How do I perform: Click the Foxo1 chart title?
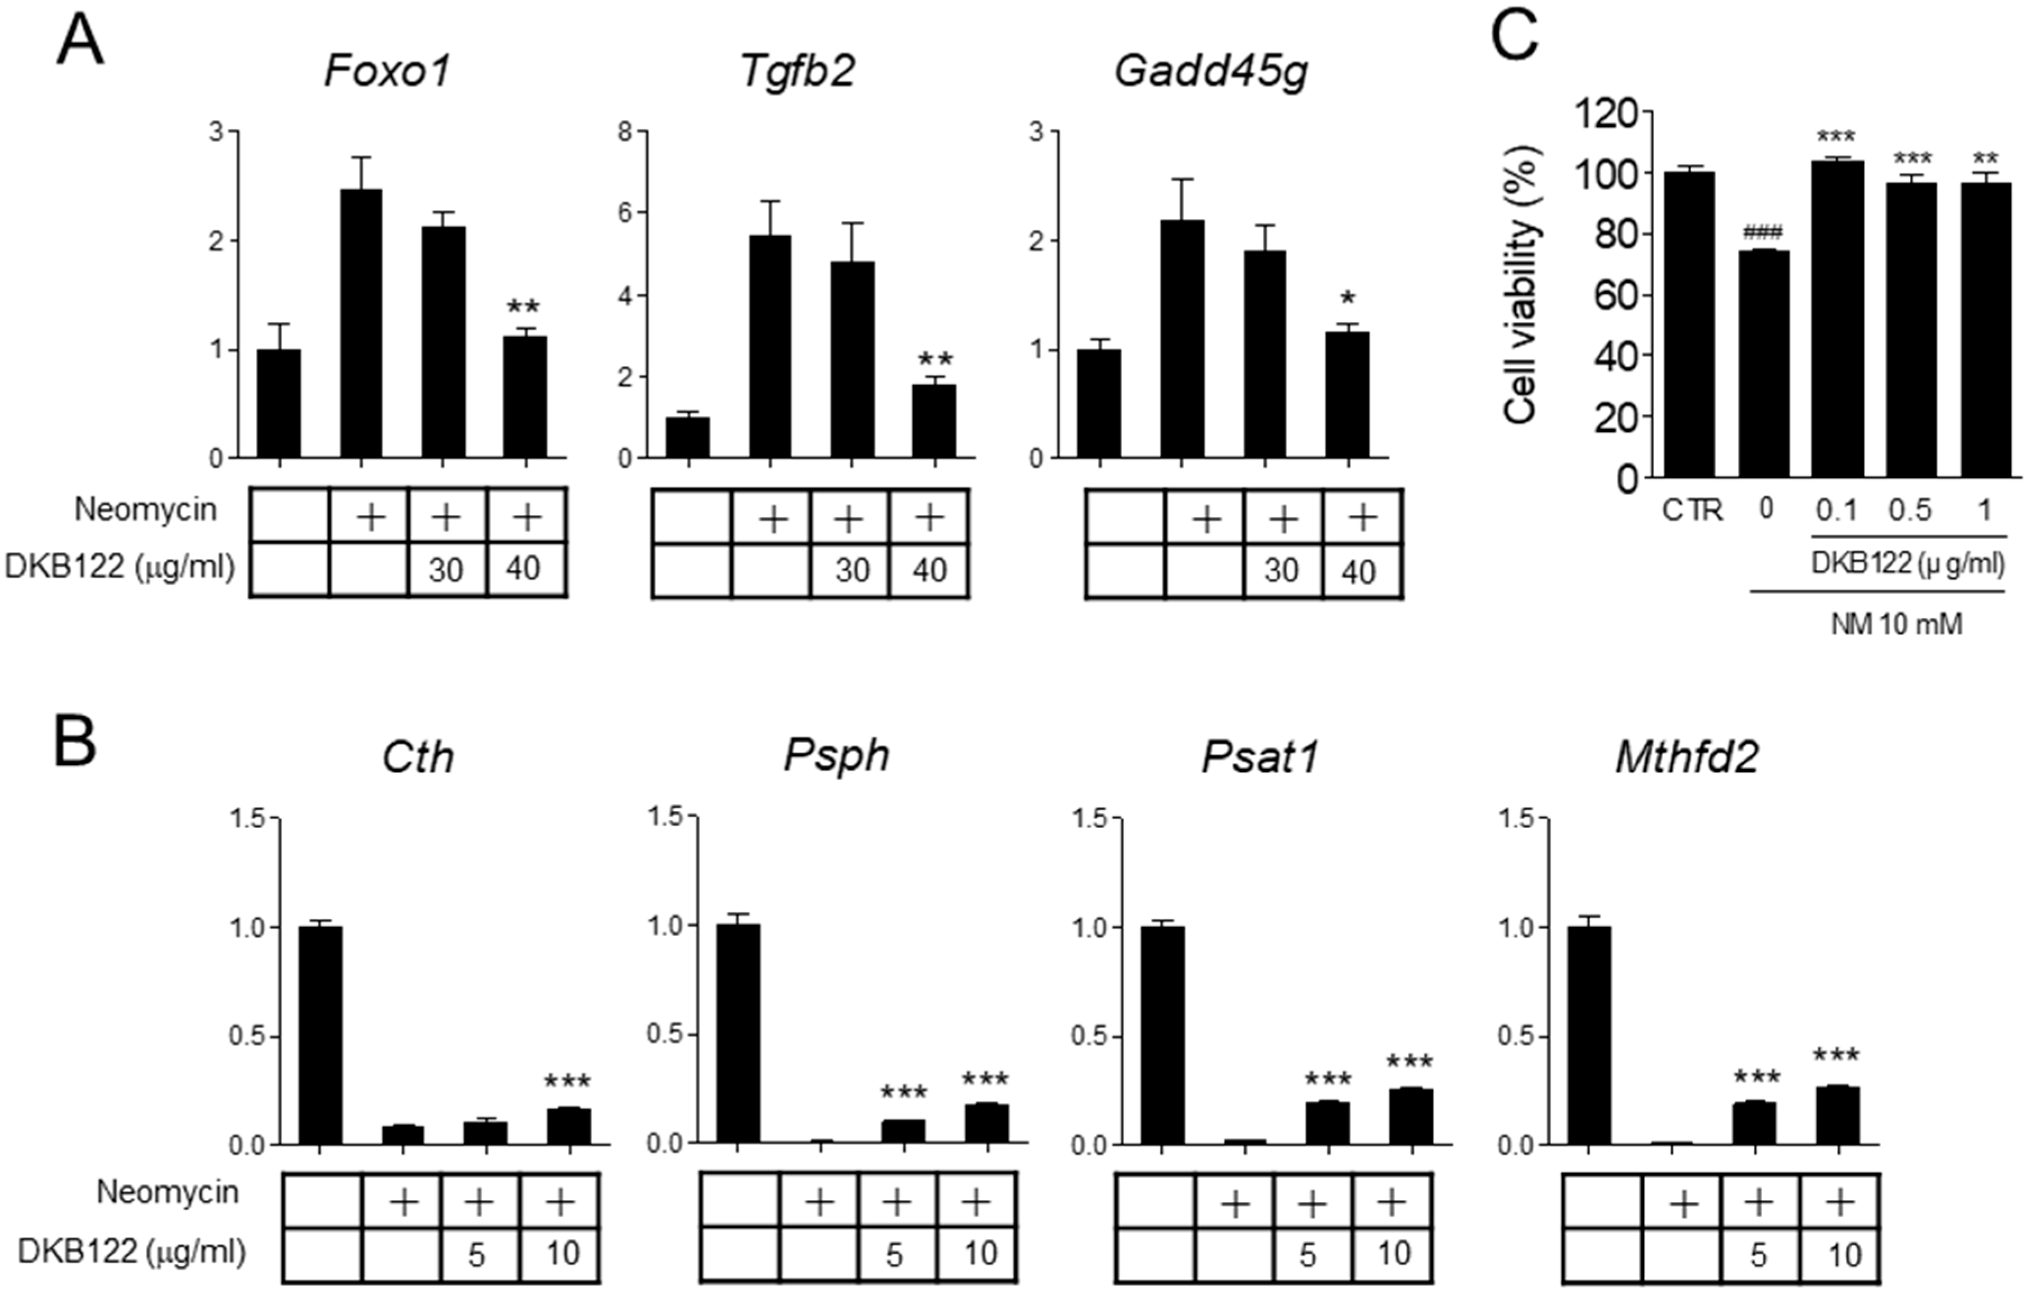[388, 71]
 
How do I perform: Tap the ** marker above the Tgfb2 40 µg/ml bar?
[934, 359]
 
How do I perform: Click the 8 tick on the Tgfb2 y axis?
[625, 132]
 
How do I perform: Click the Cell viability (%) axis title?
[1521, 284]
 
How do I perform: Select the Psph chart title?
[836, 755]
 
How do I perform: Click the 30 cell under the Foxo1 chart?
[446, 570]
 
